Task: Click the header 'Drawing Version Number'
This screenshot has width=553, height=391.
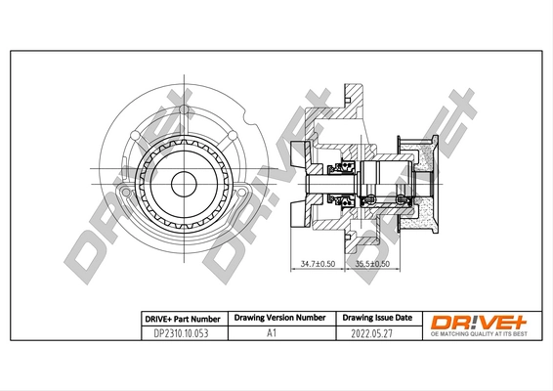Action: pyautogui.click(x=278, y=319)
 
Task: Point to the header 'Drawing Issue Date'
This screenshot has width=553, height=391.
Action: pyautogui.click(x=376, y=319)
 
